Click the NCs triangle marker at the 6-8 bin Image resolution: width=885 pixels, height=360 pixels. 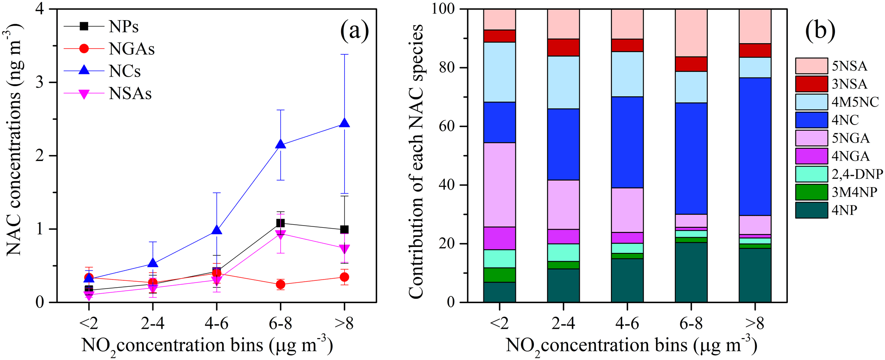tap(280, 144)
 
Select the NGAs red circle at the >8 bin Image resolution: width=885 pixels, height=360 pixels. tap(344, 277)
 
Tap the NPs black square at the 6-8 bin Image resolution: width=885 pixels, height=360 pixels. tap(280, 223)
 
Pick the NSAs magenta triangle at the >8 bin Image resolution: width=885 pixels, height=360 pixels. tap(344, 249)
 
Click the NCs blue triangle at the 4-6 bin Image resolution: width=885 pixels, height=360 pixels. tap(217, 230)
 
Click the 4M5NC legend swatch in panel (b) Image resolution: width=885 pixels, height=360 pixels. tap(811, 102)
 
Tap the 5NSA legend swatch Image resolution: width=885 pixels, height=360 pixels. tap(811, 66)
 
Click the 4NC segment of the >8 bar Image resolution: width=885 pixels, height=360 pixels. tap(755, 146)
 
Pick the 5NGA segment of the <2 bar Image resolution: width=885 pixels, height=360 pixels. tap(499, 184)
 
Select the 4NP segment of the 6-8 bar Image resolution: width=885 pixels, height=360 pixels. tap(691, 272)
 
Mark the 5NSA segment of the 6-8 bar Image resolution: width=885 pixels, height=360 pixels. tap(691, 33)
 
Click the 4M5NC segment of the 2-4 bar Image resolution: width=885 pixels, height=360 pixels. tap(563, 82)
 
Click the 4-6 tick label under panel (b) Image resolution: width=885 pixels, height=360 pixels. tap(627, 324)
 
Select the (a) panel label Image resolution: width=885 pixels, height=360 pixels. tap(354, 32)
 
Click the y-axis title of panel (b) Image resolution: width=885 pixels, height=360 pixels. tap(416, 161)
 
